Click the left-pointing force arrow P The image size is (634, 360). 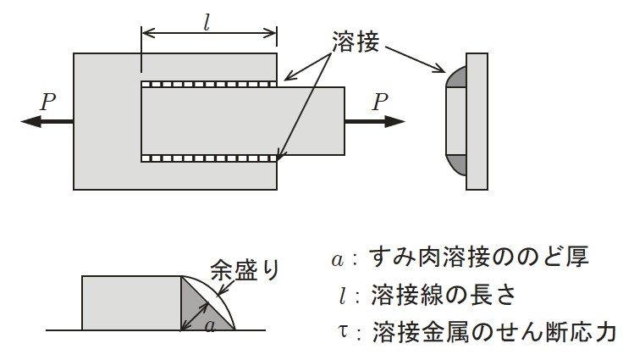click(x=47, y=122)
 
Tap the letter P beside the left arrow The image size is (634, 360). click(x=48, y=102)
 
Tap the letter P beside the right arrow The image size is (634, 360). click(x=381, y=102)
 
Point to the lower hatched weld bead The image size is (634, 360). click(x=209, y=158)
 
